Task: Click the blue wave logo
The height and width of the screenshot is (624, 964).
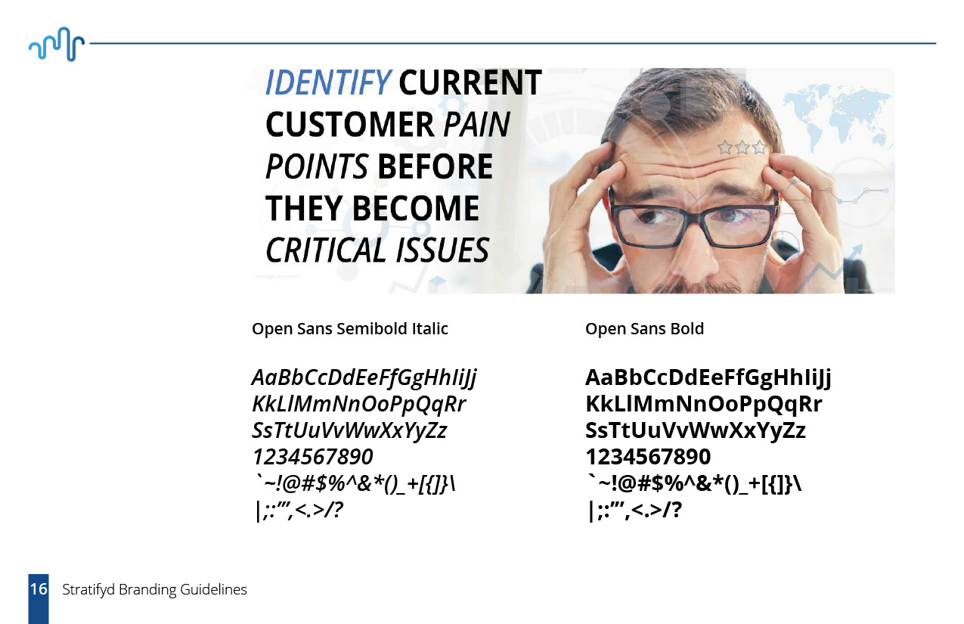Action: tap(57, 44)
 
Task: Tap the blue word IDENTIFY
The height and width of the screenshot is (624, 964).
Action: tap(328, 82)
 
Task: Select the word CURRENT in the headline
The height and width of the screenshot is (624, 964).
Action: tap(470, 82)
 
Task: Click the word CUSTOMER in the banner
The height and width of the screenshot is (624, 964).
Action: tap(349, 125)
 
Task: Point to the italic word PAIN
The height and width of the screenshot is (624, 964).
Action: tap(476, 125)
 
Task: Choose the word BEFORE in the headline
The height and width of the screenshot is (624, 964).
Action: tap(435, 166)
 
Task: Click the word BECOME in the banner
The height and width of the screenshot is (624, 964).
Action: tap(416, 208)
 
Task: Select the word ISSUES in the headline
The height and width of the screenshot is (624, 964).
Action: tap(442, 250)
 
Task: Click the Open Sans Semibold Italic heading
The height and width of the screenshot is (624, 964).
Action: tap(350, 328)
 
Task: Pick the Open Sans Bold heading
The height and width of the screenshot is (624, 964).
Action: tap(645, 328)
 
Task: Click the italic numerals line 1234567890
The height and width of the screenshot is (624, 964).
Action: tap(312, 457)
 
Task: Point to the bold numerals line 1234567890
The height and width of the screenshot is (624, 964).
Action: tap(648, 457)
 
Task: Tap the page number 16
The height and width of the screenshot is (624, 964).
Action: tap(39, 589)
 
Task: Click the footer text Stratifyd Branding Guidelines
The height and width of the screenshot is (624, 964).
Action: tap(154, 589)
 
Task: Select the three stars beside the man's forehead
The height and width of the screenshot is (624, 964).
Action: tap(742, 147)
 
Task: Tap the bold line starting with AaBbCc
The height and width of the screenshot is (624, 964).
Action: tap(708, 377)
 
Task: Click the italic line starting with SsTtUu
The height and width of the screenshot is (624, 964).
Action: tap(349, 430)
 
